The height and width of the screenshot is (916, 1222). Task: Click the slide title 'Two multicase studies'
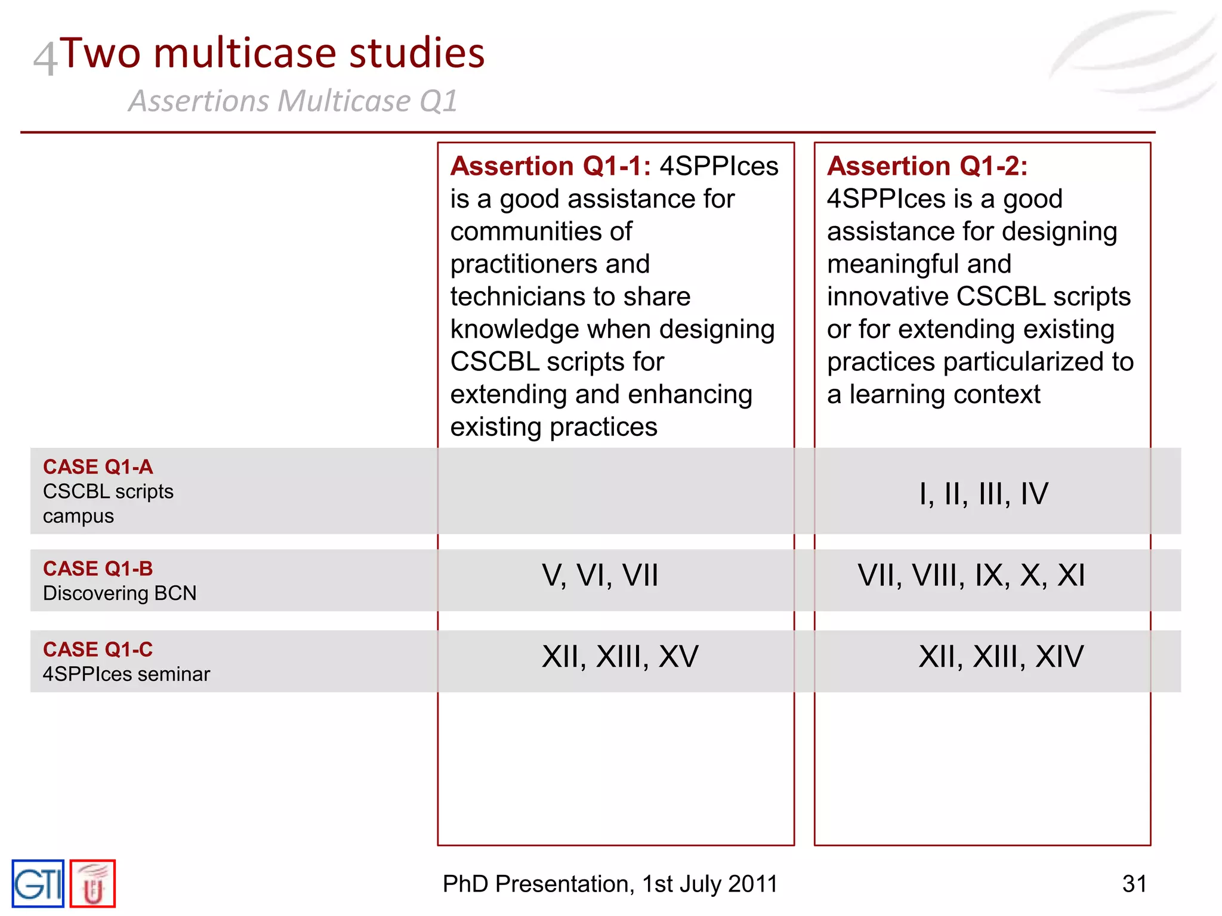pos(272,54)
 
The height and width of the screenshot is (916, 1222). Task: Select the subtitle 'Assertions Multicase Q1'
pos(293,101)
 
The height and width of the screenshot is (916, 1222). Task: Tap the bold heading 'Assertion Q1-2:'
pos(927,166)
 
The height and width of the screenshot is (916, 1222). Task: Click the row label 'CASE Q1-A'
pos(98,467)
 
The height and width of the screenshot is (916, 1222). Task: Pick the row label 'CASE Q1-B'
pos(98,569)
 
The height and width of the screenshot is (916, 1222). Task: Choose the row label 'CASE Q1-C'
pos(98,649)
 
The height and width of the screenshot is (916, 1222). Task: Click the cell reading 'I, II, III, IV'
pos(983,494)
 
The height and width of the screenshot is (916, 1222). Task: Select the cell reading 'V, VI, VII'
pos(600,575)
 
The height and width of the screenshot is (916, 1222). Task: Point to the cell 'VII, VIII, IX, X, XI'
pos(971,575)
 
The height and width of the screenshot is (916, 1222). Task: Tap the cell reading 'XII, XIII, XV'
pos(620,657)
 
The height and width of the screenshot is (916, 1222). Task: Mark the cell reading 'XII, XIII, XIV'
pos(1001,657)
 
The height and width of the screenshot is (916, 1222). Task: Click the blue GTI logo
pos(38,884)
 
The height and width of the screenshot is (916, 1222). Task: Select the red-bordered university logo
pos(92,884)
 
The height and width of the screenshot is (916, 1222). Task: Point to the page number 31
pos(1134,884)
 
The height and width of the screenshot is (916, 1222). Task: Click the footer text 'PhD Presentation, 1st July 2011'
pos(610,884)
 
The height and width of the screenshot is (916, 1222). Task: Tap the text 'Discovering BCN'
pos(119,593)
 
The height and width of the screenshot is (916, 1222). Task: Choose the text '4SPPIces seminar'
pos(126,674)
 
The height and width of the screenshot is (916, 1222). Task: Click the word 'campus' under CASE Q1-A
pos(78,516)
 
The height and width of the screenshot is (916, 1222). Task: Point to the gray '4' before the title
pos(45,58)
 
